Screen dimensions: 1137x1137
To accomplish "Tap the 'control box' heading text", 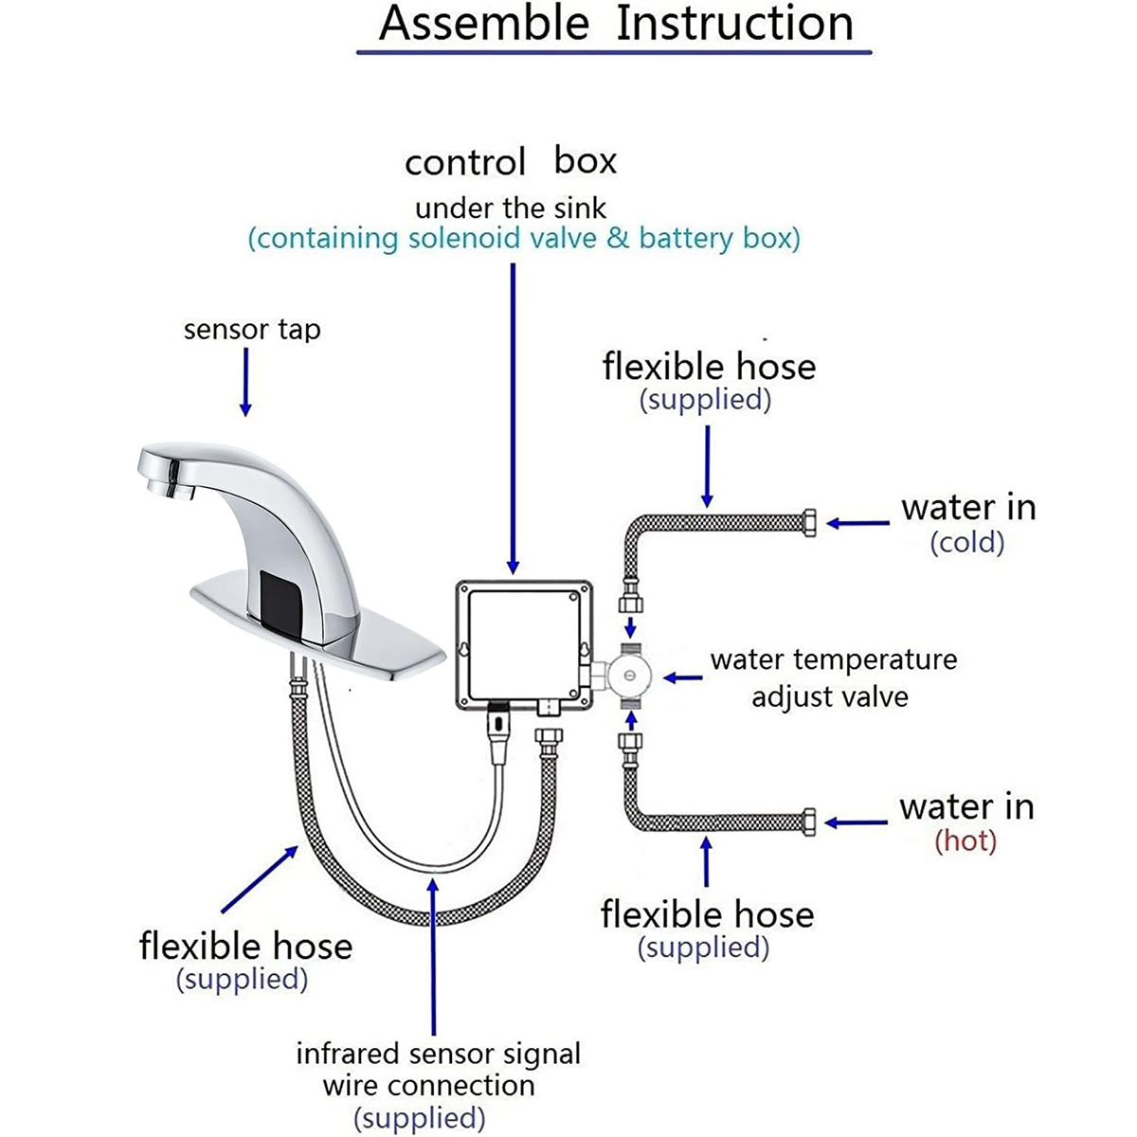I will [x=510, y=161].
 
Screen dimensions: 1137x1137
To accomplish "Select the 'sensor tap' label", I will [x=252, y=330].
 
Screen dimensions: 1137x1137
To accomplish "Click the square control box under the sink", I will [x=524, y=644].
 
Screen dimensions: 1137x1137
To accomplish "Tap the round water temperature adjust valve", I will [x=630, y=677].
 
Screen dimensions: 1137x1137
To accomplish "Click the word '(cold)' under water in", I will [x=966, y=543].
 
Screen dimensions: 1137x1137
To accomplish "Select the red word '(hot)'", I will [x=966, y=841].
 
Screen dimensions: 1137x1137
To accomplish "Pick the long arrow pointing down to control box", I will [x=514, y=417].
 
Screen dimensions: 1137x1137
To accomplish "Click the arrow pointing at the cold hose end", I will [x=857, y=523].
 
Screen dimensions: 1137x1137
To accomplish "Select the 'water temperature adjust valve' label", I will [x=833, y=677].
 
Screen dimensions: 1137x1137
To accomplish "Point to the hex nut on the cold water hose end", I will [x=809, y=523].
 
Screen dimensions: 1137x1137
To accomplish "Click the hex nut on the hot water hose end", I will [x=808, y=821].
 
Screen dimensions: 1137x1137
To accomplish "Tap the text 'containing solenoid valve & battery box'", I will [x=524, y=238].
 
